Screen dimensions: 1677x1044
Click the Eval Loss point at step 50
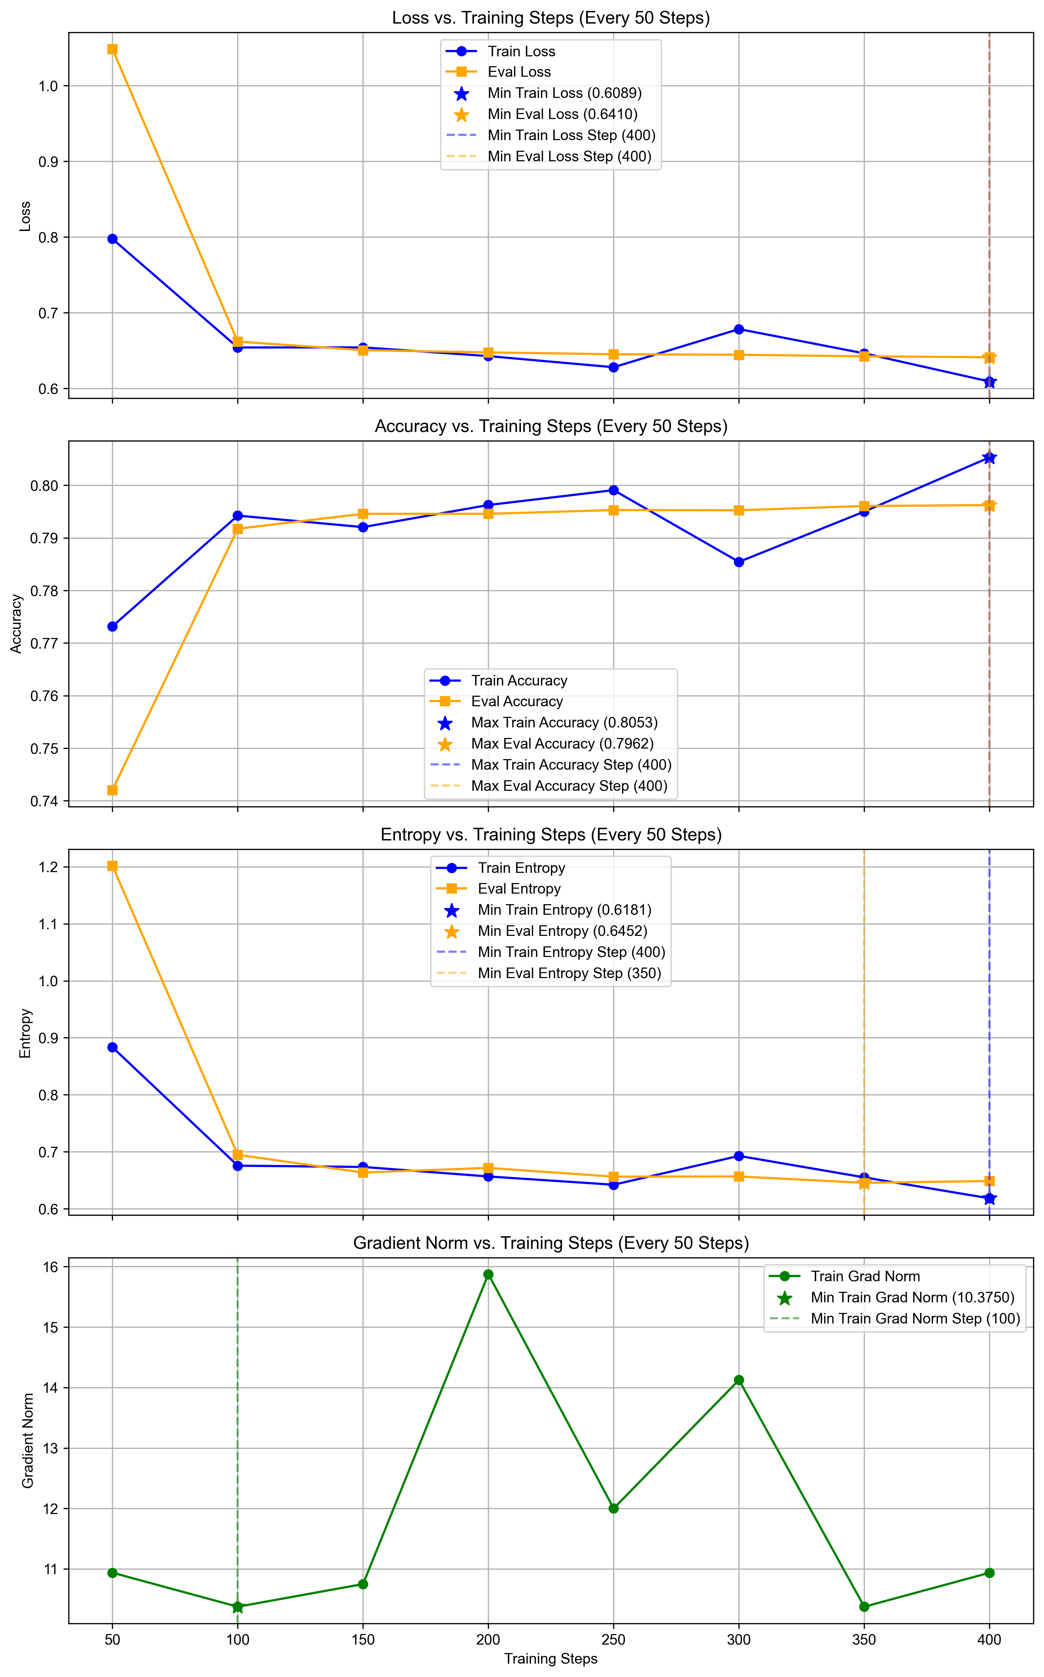pos(113,49)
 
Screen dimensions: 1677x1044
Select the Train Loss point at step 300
pos(739,330)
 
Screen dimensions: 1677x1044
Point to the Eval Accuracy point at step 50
pos(113,790)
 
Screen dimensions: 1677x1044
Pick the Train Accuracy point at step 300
pos(739,562)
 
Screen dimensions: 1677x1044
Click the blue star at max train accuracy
pos(989,458)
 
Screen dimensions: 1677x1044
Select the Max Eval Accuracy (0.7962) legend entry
pos(561,744)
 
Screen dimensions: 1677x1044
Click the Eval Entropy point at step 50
pos(113,866)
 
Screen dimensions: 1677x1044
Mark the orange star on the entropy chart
pos(864,1183)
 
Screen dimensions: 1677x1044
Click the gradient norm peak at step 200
pos(488,1274)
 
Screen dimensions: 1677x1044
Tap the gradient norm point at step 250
pos(613,1508)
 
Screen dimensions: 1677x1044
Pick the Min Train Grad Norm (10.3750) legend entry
pos(911,1298)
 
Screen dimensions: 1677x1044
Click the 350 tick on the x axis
pos(864,1640)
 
